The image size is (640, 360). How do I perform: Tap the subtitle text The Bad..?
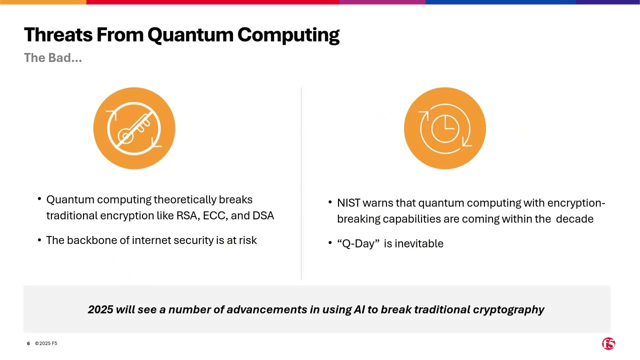[52, 58]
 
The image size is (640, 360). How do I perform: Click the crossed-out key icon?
[134, 128]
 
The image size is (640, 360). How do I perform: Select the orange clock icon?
[444, 128]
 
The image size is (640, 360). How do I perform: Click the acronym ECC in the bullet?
[214, 215]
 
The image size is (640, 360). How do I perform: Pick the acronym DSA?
[263, 215]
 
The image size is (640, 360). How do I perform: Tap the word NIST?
[348, 203]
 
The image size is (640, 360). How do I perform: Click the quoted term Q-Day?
[358, 243]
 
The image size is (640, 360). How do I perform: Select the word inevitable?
[419, 243]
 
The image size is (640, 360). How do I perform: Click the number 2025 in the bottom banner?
[100, 309]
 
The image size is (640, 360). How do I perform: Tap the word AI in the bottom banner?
[359, 309]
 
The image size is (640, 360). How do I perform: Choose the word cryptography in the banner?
[508, 310]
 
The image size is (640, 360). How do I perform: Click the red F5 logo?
[608, 343]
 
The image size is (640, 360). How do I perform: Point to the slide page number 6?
[28, 343]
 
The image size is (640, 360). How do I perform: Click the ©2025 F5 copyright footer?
[46, 343]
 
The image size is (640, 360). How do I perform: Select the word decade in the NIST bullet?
[574, 219]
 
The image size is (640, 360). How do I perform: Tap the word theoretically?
[185, 199]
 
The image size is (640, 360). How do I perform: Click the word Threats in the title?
[58, 35]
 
